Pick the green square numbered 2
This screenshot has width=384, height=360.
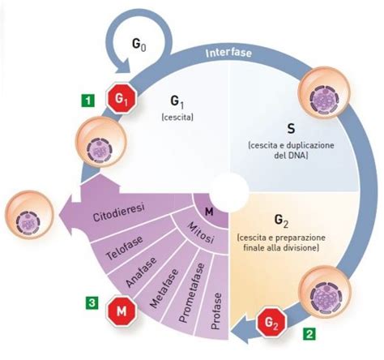click(309, 332)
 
